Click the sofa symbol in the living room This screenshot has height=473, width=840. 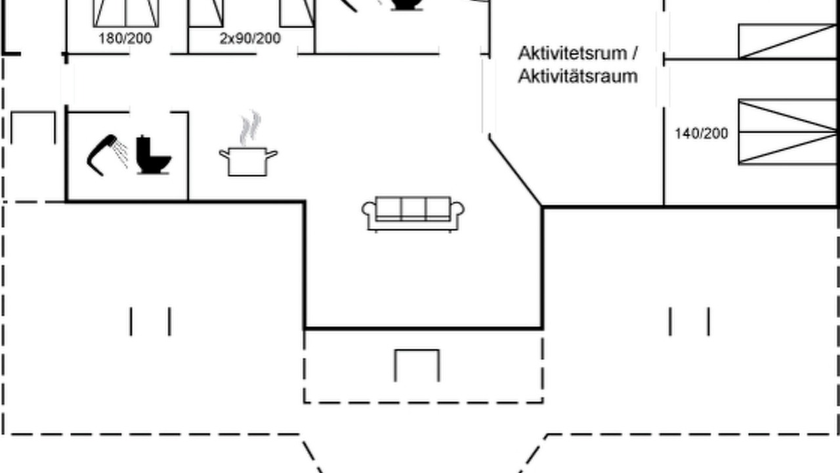tap(413, 214)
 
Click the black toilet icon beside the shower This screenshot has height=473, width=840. tap(154, 154)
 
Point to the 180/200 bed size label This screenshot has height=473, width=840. tap(125, 38)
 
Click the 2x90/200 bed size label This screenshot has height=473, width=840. tap(250, 38)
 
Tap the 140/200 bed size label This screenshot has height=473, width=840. tap(702, 133)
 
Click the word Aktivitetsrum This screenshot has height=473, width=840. tap(573, 53)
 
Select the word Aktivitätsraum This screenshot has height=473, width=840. tap(578, 76)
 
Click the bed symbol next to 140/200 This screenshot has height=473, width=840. tap(787, 132)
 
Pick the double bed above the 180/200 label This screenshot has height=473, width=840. tap(126, 14)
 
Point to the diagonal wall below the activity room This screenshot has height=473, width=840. tap(515, 171)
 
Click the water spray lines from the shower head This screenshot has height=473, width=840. tap(121, 153)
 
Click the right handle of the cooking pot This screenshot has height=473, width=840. tap(272, 154)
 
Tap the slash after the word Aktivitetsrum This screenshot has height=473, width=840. tap(635, 53)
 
